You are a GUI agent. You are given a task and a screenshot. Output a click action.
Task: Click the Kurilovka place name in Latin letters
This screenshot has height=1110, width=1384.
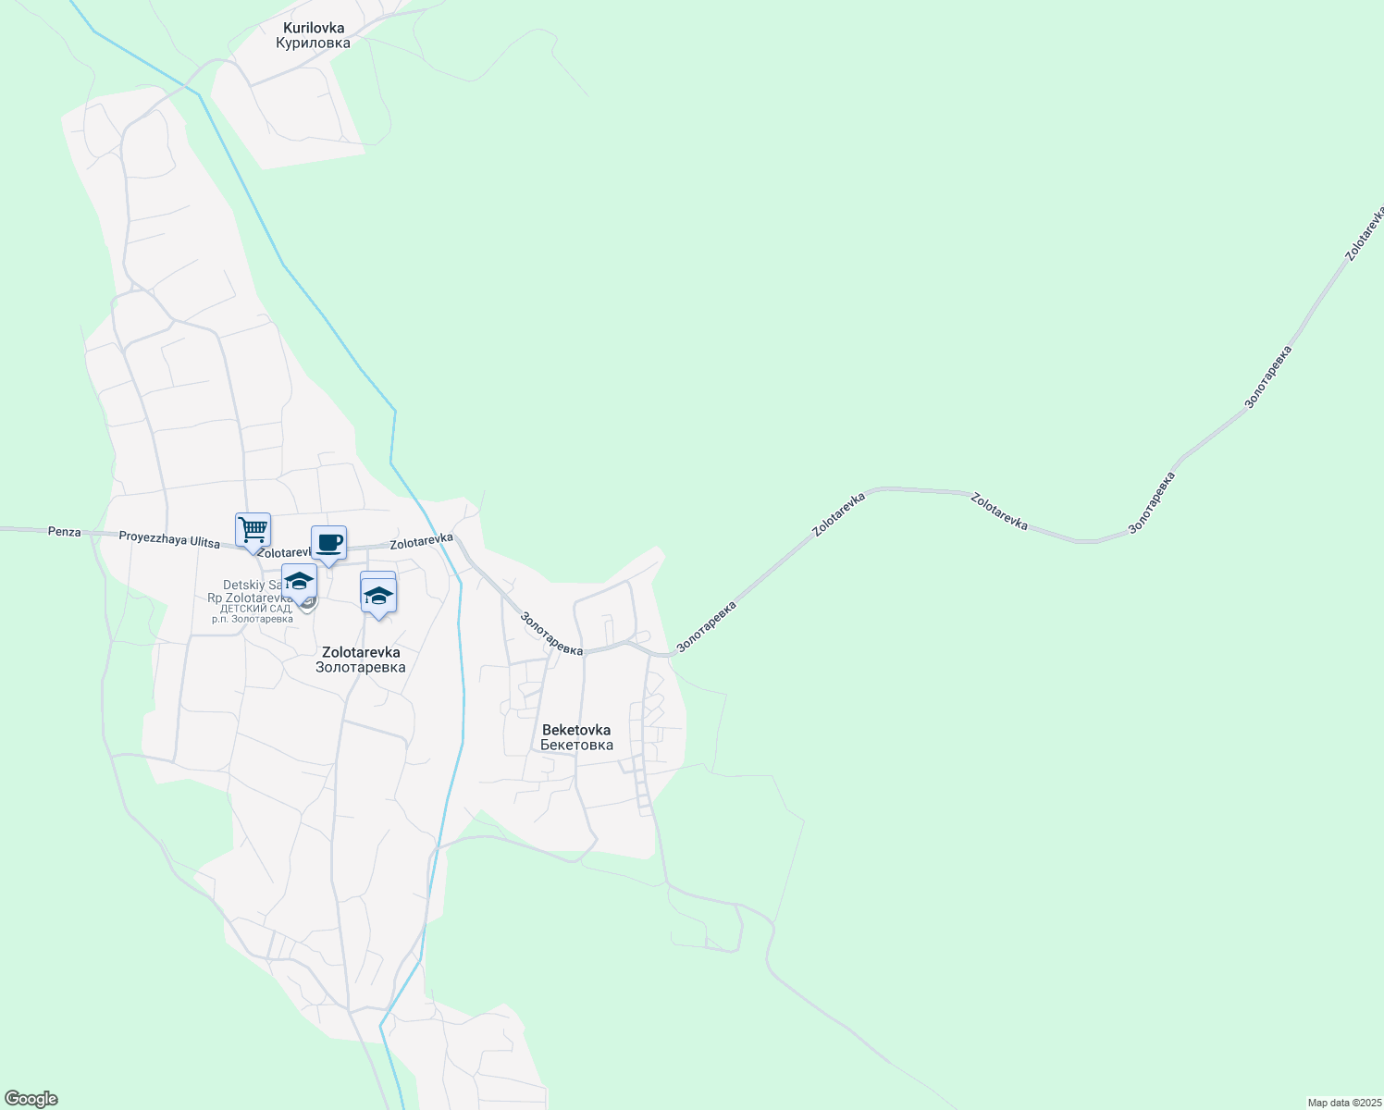click(314, 28)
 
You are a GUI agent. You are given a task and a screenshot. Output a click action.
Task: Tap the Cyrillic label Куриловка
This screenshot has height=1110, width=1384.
click(314, 43)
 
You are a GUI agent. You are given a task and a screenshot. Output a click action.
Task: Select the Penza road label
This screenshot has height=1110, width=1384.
click(65, 533)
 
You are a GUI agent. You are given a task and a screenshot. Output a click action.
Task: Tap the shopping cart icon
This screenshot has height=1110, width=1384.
click(253, 530)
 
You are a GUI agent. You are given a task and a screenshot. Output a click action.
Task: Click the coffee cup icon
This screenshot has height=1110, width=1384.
click(328, 543)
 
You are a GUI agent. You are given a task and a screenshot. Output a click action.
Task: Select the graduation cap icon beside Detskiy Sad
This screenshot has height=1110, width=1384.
click(299, 581)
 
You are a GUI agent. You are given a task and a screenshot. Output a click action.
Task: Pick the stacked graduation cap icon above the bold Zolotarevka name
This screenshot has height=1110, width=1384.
click(378, 595)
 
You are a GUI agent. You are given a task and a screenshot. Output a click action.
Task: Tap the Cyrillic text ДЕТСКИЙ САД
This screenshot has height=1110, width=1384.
click(255, 609)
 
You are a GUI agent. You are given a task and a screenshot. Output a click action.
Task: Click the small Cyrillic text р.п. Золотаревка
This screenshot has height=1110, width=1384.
click(252, 619)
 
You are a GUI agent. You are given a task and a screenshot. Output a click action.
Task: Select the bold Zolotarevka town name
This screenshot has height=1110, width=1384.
click(361, 652)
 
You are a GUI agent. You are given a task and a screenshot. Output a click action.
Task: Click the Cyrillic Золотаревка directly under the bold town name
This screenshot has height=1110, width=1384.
click(361, 667)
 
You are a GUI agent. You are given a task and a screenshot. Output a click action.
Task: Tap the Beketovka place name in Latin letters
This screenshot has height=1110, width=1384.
click(576, 730)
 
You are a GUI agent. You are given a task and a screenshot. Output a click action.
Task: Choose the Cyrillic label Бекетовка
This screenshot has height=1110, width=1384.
click(576, 745)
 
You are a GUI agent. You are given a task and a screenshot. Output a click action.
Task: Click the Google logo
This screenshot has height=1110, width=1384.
click(31, 1099)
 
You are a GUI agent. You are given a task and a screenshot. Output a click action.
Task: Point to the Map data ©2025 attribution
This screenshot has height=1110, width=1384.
click(1343, 1103)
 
